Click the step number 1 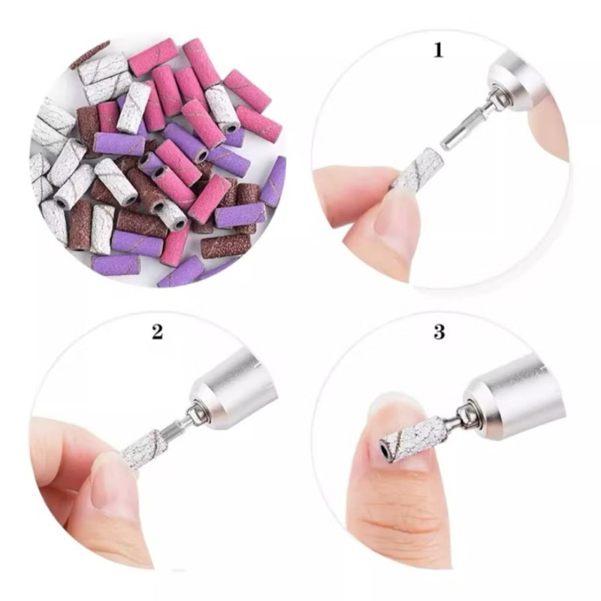[439, 50]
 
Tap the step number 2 [157, 331]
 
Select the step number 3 [439, 331]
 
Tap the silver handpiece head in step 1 [521, 83]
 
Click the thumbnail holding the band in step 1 [396, 215]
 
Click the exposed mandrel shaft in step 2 [177, 427]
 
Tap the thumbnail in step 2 [115, 485]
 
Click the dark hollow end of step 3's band [384, 448]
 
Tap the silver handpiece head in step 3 [514, 399]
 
